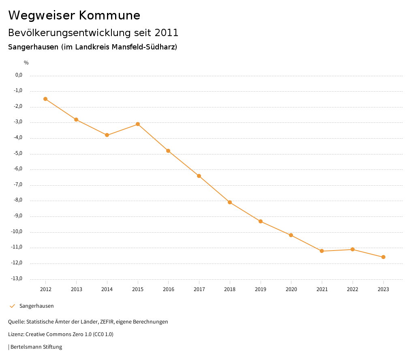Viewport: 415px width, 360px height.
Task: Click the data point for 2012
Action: (x=45, y=99)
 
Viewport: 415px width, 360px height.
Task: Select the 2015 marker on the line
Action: (x=138, y=124)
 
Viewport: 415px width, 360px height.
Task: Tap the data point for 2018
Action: (x=230, y=202)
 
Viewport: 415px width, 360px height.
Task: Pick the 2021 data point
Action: (x=322, y=251)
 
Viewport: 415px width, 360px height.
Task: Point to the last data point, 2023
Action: (x=383, y=257)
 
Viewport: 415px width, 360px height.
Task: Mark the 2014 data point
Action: (x=107, y=135)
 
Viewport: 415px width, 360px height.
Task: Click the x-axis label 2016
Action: (x=169, y=289)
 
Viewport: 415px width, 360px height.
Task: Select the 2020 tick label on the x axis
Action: (x=291, y=289)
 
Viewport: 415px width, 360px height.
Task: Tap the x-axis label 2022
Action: (x=353, y=289)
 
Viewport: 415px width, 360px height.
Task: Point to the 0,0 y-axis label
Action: (x=19, y=75)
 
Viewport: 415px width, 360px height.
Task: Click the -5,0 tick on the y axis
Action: (x=18, y=153)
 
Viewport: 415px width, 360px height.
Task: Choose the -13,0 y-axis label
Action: (x=17, y=279)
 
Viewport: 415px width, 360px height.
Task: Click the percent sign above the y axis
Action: (x=26, y=63)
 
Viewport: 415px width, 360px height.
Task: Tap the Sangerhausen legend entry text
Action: (x=36, y=306)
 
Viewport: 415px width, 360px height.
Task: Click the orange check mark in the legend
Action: (x=12, y=306)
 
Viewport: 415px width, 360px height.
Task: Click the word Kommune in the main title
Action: (x=109, y=15)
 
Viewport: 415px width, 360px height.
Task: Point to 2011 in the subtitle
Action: (x=167, y=32)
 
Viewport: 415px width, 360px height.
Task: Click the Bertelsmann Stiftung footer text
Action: (x=36, y=347)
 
